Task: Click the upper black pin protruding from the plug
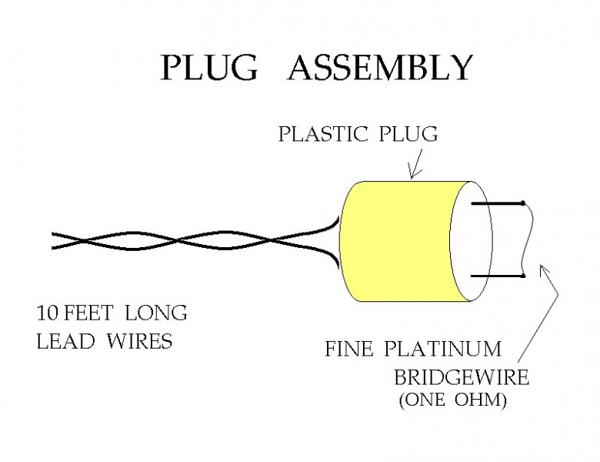tap(497, 204)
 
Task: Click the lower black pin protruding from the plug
tap(497, 275)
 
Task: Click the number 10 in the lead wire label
tap(46, 314)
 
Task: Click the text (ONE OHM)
tap(452, 401)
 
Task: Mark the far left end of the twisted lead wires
tap(52, 240)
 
